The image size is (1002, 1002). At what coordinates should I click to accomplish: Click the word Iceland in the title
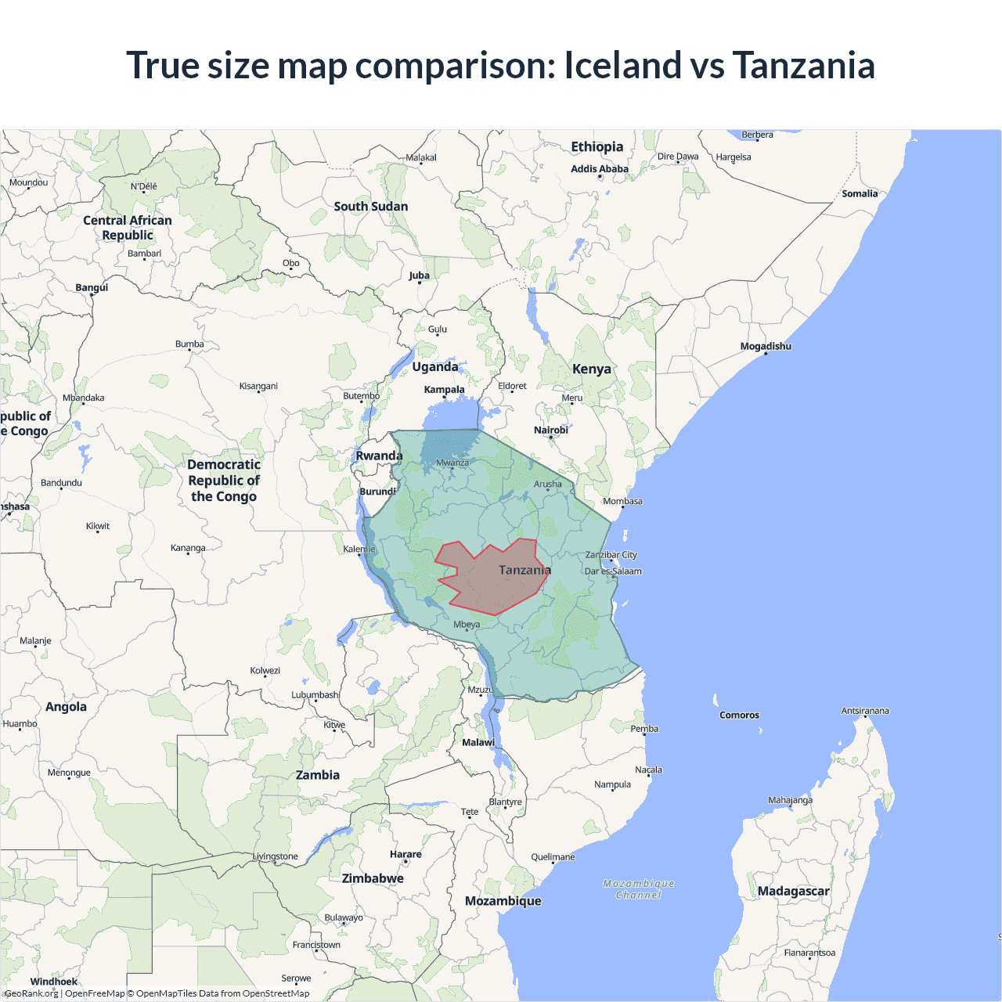click(622, 65)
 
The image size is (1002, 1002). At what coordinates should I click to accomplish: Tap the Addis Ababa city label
click(600, 169)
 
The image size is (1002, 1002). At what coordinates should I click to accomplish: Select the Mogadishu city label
click(766, 346)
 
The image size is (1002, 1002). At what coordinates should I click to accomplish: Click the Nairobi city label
click(551, 430)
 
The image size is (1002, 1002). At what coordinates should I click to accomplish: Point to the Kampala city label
click(444, 389)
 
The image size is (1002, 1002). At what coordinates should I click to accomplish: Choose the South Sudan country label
click(371, 207)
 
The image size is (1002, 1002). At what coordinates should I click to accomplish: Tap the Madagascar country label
click(793, 891)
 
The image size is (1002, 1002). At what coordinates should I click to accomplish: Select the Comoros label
click(739, 715)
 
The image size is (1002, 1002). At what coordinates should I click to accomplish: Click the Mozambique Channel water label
click(639, 889)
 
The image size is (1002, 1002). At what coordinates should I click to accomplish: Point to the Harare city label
click(405, 854)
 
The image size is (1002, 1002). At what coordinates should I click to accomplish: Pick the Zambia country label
click(318, 775)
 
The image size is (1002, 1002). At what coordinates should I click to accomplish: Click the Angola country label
click(66, 707)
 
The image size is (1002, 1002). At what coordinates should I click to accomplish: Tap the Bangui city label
click(92, 287)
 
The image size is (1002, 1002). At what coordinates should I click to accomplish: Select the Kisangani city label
click(258, 386)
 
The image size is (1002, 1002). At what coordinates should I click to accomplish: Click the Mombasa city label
click(622, 501)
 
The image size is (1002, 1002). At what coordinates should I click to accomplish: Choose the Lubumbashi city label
click(315, 694)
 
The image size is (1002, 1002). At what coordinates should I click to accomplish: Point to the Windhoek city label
click(54, 982)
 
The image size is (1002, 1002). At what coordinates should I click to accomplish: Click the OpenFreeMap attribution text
click(95, 993)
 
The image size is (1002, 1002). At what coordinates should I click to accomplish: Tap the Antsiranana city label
click(865, 711)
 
